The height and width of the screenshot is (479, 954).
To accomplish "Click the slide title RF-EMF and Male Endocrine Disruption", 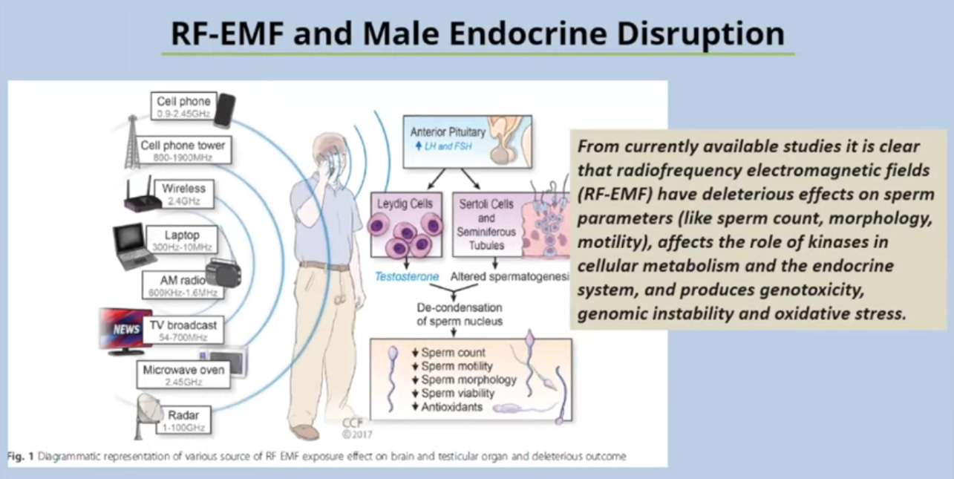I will [477, 33].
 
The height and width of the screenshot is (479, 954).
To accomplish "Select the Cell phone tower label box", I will [183, 151].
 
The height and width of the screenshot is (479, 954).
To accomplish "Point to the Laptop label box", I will [181, 239].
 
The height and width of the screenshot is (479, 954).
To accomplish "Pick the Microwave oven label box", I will [183, 375].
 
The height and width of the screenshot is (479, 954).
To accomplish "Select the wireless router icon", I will [139, 195].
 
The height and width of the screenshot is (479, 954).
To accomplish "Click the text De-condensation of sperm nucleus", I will [460, 314].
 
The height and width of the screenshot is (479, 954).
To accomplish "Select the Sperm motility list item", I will [456, 366].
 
